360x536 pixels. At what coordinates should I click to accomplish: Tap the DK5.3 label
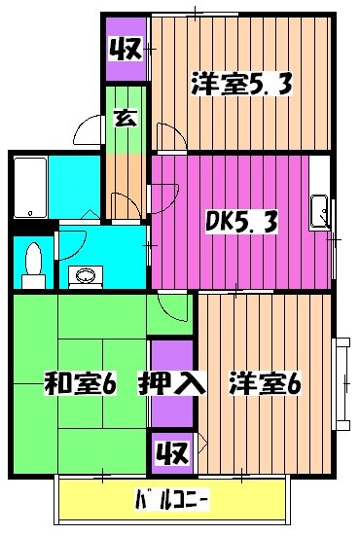(x=240, y=222)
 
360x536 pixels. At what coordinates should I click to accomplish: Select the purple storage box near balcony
(x=170, y=452)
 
